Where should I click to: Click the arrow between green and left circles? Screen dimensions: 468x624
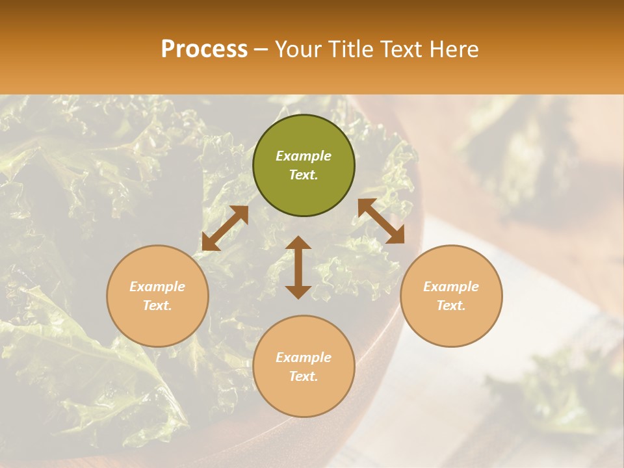point(225,228)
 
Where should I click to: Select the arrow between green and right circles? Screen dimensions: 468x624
point(382,221)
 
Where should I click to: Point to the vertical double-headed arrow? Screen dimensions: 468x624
point(298,267)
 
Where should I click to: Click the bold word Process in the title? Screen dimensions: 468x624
point(204,49)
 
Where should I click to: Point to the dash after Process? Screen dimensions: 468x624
point(261,49)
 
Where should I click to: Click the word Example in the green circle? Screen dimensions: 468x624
point(304,156)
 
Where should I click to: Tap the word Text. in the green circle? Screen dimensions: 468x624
point(304,175)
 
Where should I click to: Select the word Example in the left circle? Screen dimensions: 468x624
point(157,287)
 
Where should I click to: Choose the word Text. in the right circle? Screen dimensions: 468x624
point(451,305)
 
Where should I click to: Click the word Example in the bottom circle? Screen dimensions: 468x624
point(304,357)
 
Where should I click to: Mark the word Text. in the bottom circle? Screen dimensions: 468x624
point(304,376)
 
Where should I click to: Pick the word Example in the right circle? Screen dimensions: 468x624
point(451,287)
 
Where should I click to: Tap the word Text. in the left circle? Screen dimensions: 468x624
point(157,305)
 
